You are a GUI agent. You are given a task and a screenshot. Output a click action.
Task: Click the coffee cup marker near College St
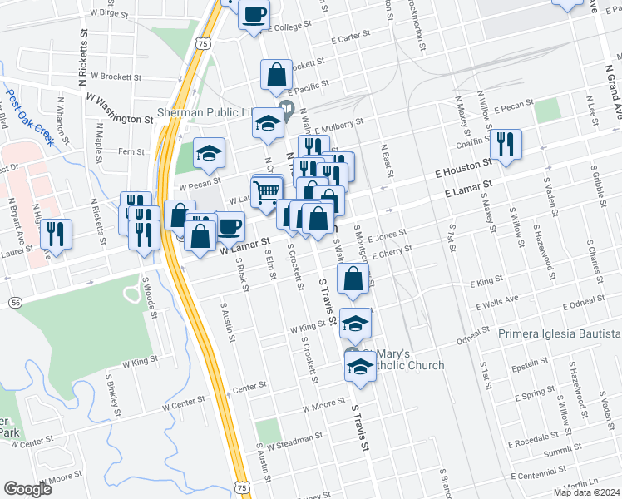coord(254,15)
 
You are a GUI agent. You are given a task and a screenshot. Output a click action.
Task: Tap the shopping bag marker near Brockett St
coord(276,75)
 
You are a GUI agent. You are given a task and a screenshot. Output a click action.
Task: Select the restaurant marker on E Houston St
coord(506,144)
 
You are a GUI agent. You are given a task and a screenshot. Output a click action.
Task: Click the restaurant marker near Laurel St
coord(56,234)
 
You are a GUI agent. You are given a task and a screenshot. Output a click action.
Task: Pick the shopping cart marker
coord(267,192)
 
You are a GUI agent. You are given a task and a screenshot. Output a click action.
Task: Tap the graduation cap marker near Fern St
coord(210,152)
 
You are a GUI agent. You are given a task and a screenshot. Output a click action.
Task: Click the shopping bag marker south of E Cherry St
coord(353,279)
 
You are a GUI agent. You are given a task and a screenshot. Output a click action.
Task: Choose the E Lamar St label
coord(468,188)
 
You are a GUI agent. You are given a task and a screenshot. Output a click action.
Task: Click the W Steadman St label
coord(291,432)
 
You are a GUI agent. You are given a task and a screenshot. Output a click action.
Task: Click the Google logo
coord(28,489)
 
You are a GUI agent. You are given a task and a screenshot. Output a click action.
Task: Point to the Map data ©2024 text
coord(586,492)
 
